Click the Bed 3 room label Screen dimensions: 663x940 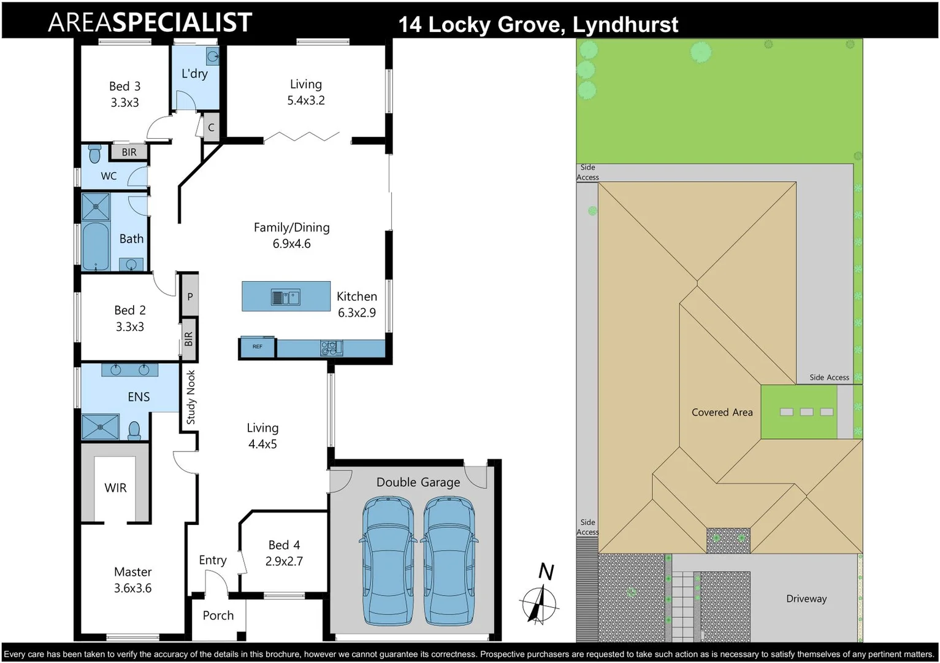(x=124, y=87)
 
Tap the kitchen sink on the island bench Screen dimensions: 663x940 (x=285, y=298)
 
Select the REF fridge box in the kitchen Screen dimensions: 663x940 (x=257, y=347)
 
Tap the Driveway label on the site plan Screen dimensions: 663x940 (x=806, y=599)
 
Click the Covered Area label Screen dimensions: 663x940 (x=722, y=413)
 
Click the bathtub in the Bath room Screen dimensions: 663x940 (x=95, y=246)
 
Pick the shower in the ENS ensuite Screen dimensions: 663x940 (x=100, y=426)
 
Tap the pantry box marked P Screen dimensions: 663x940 (x=190, y=297)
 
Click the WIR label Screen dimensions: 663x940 (x=115, y=488)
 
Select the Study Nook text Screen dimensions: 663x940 (x=191, y=397)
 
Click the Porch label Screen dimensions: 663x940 (x=218, y=615)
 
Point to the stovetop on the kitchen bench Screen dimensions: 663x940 (x=331, y=349)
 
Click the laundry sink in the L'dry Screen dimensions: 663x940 (x=212, y=57)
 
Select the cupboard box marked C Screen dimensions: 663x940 (x=211, y=128)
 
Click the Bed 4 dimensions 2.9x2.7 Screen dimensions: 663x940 (x=284, y=561)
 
